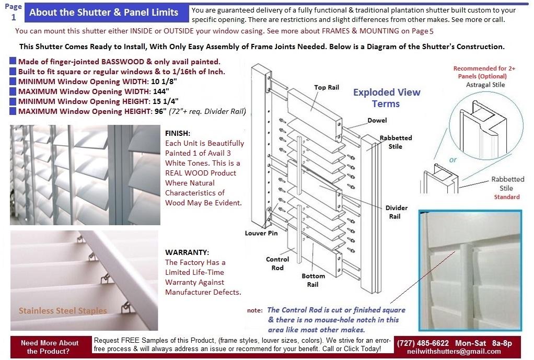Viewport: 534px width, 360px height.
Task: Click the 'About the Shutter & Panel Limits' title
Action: click(x=103, y=13)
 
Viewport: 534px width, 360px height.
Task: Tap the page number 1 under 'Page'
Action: click(x=14, y=16)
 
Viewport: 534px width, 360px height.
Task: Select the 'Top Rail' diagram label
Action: click(x=327, y=87)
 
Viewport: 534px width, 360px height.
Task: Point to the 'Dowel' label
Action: click(x=377, y=120)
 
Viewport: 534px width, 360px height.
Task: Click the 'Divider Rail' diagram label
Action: click(x=396, y=212)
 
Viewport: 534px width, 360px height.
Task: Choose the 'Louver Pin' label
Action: click(x=261, y=233)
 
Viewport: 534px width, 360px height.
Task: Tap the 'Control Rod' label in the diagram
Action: click(x=277, y=263)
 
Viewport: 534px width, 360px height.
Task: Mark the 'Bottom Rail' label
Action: click(x=313, y=280)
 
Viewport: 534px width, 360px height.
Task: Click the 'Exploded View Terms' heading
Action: click(x=386, y=98)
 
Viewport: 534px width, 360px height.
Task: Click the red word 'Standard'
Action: click(x=506, y=197)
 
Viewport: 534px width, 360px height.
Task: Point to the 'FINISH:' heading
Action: click(x=178, y=133)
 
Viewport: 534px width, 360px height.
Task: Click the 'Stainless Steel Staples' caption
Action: click(x=63, y=311)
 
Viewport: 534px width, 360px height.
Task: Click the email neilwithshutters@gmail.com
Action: click(x=454, y=352)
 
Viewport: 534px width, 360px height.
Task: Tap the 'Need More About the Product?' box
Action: click(x=50, y=347)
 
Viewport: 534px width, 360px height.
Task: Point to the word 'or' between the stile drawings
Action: click(x=452, y=159)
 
